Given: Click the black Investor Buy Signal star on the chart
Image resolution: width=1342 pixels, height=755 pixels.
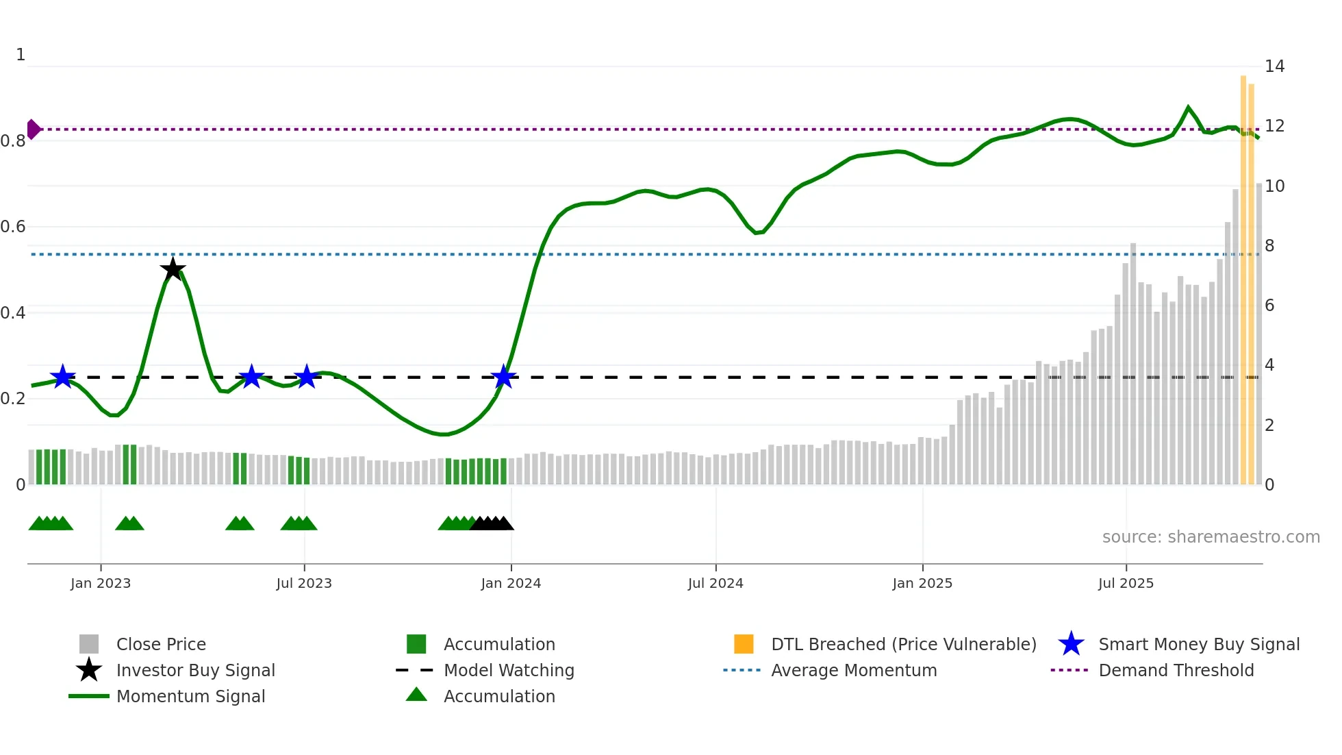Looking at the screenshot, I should click(x=173, y=269).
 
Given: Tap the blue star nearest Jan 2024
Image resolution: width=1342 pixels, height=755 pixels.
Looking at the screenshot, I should click(x=504, y=376).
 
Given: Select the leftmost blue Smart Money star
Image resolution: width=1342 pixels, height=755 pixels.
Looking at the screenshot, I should click(x=63, y=376).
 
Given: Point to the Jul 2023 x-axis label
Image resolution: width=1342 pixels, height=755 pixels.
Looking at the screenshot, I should click(x=304, y=583).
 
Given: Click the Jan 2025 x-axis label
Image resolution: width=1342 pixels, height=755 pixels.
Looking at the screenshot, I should click(x=922, y=583).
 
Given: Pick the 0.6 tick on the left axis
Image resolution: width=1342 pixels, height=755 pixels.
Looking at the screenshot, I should click(x=14, y=227).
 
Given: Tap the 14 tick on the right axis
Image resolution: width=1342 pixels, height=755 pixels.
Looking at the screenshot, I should click(x=1274, y=66).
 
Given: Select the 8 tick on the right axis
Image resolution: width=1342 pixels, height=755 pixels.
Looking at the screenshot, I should click(x=1269, y=246).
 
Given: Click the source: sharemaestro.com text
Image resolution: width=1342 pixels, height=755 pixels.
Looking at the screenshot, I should click(x=1211, y=537).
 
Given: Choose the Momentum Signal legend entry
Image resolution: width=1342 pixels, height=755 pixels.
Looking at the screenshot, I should click(x=190, y=696).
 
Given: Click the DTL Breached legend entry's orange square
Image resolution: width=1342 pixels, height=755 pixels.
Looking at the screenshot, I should click(x=744, y=644).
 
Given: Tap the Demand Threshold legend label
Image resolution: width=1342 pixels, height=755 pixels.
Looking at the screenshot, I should click(x=1176, y=670).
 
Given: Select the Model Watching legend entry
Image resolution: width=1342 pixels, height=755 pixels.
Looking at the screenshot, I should click(x=508, y=670).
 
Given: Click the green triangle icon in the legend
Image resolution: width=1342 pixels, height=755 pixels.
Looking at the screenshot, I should click(x=416, y=695).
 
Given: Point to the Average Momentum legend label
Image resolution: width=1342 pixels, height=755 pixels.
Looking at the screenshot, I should click(x=853, y=670).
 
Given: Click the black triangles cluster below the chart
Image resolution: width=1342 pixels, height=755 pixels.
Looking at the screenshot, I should click(x=492, y=523).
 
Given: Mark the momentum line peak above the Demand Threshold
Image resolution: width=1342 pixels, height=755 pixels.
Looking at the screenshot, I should click(x=1188, y=108).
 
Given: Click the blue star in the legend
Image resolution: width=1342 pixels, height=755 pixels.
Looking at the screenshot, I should click(x=1071, y=644).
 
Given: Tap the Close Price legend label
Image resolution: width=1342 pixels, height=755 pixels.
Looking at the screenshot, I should click(x=161, y=644).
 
